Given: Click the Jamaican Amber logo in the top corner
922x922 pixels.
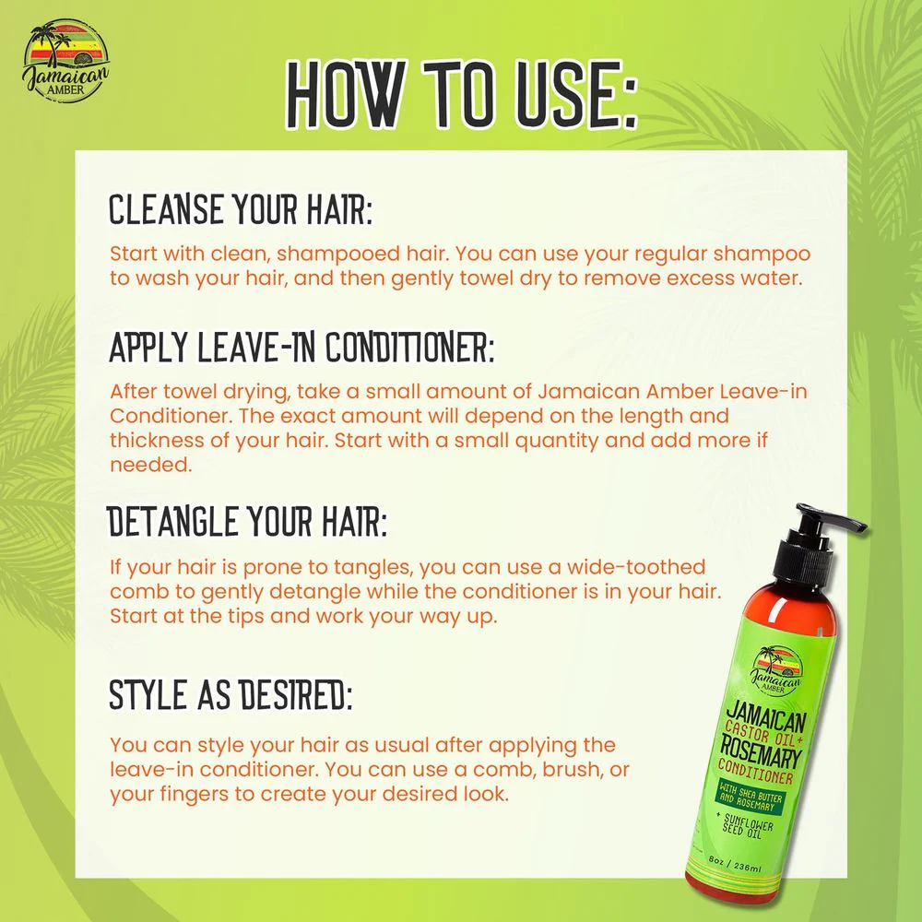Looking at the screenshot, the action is click(65, 61).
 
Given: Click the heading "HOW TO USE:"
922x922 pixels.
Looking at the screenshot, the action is click(462, 94).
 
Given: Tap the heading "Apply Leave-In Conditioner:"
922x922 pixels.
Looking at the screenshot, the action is click(301, 347).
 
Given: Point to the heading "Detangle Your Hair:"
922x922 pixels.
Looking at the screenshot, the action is click(247, 522).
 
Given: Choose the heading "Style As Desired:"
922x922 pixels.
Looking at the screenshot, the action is click(230, 694).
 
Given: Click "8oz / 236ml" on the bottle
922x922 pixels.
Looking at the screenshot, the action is click(735, 863).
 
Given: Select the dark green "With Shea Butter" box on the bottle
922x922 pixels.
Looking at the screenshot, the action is click(751, 797).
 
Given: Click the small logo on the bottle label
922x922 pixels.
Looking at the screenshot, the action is click(775, 669).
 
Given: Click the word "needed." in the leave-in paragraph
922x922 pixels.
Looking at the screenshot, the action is click(151, 465).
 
